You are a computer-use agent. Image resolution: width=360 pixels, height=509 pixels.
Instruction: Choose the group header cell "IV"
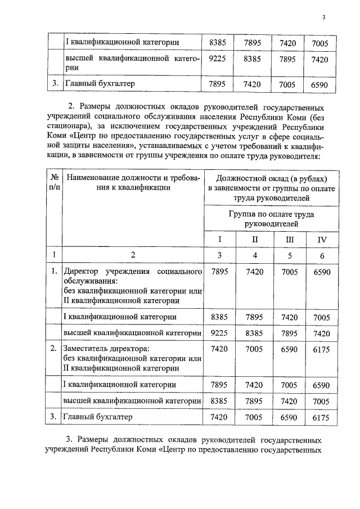tap(322, 239)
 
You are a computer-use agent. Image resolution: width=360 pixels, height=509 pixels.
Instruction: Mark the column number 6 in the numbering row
tap(322, 255)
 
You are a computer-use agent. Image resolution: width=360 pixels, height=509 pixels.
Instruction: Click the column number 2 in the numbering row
tap(133, 255)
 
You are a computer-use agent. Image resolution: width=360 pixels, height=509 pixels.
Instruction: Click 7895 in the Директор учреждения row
tap(218, 272)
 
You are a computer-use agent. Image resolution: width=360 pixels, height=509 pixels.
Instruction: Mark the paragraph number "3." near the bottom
tap(70, 439)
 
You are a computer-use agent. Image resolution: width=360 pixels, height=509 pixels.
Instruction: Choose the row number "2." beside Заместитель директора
tap(54, 349)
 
